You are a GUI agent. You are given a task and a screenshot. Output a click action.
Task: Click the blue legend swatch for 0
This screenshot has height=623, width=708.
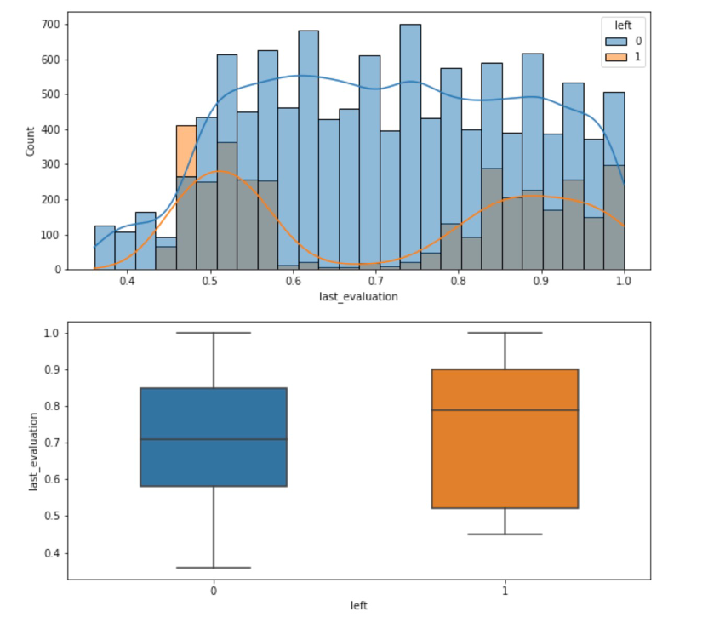615,41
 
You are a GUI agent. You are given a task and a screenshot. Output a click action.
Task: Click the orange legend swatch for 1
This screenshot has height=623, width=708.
615,56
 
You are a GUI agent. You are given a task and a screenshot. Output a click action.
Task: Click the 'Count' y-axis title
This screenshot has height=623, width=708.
31,141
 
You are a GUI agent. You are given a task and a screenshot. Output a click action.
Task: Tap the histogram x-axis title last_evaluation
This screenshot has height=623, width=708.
358,297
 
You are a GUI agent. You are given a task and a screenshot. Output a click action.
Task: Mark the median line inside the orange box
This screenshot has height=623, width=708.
505,410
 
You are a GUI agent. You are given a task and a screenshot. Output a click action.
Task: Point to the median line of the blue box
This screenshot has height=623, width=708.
213,439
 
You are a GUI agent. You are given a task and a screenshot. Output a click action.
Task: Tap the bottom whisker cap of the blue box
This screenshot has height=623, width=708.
213,568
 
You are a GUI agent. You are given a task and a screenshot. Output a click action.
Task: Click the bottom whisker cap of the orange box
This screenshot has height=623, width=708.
505,534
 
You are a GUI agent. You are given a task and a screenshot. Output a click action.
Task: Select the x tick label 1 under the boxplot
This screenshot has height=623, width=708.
505,591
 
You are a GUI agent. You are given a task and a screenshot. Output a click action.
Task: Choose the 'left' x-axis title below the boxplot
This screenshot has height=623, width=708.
358,605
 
